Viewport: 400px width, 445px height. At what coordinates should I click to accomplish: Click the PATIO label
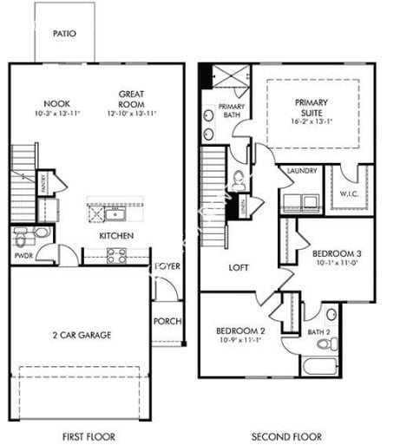[64, 34]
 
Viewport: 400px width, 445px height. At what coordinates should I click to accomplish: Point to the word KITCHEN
[116, 235]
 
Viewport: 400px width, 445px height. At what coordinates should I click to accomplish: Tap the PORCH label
[167, 321]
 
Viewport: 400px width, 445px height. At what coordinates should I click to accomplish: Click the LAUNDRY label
[302, 171]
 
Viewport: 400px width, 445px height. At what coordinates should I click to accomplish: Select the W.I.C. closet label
[350, 193]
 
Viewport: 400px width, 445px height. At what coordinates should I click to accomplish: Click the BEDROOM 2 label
[240, 330]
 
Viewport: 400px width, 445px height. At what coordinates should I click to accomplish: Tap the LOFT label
[239, 268]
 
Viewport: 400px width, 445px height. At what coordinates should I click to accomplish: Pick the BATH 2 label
[318, 331]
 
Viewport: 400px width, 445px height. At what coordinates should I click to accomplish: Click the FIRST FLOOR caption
[89, 436]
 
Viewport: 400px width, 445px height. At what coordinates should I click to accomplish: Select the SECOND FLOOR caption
[286, 436]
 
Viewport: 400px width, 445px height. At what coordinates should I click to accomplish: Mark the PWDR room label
[23, 257]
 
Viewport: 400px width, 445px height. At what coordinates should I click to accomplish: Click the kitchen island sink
[116, 213]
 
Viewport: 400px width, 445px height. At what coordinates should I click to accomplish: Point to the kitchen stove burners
[116, 256]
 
